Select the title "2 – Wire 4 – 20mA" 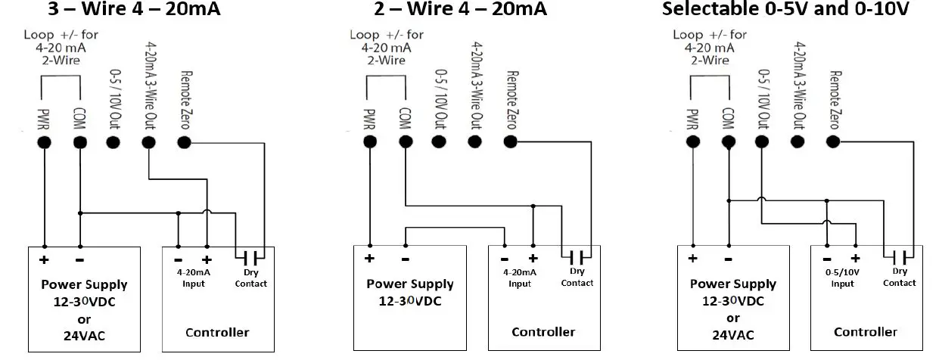point(460,10)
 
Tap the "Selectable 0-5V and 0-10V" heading point(786,10)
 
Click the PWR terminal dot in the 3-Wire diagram point(45,141)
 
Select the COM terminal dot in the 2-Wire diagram point(405,141)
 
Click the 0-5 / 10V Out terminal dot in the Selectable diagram point(762,141)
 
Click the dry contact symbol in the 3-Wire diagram point(250,255)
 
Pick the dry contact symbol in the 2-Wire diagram point(577,255)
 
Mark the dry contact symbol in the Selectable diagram point(900,255)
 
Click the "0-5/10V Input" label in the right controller point(842,278)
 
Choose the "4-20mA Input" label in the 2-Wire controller point(519,278)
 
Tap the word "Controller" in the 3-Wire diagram point(217,333)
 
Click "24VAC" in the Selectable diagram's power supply point(732,334)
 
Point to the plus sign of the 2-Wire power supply point(370,259)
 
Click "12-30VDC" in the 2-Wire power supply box point(409,300)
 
